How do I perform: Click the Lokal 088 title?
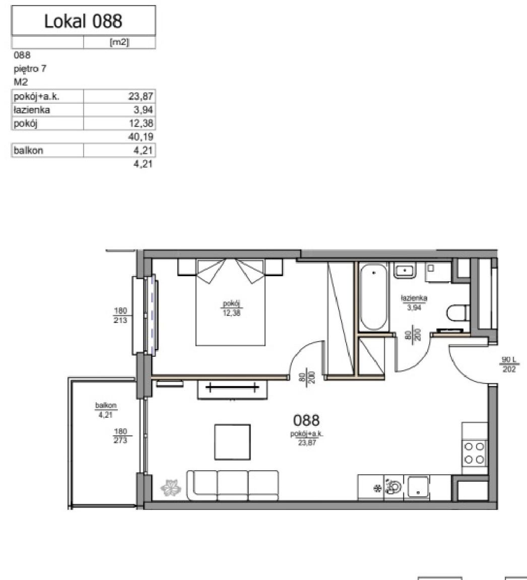83,21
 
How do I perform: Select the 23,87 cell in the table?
141,97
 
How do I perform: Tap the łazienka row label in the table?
32,110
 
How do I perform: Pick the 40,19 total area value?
141,137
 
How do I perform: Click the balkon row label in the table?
29,151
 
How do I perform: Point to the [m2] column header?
119,42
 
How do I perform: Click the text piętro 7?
30,69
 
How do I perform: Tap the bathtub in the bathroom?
373,297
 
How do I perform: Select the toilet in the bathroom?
458,313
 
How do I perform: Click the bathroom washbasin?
405,271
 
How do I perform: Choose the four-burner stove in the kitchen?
475,453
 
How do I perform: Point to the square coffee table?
233,442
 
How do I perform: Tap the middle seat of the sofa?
233,484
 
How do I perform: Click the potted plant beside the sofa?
170,488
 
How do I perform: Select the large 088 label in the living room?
306,420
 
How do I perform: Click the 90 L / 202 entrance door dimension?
509,364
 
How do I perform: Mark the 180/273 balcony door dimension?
120,436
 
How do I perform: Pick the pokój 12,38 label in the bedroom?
232,308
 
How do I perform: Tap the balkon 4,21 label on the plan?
106,410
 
